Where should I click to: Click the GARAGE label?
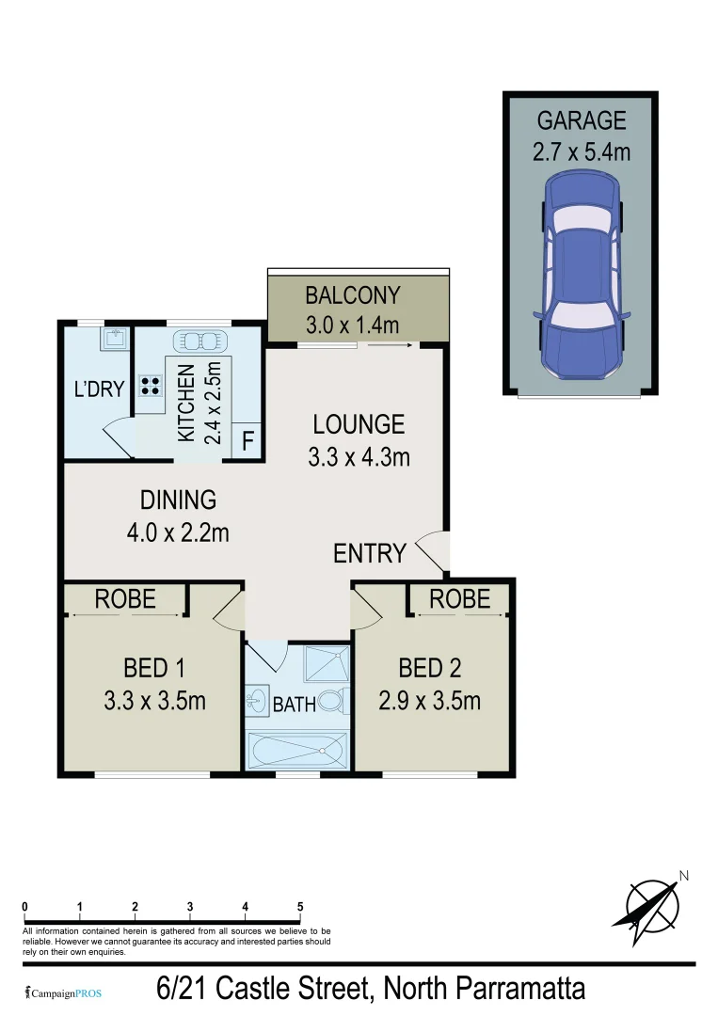(581, 120)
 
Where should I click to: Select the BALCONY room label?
(353, 295)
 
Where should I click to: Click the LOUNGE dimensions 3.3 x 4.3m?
(359, 457)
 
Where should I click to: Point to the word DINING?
(178, 500)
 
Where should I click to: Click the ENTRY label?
(370, 553)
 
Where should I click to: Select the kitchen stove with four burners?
(149, 385)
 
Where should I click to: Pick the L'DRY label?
(100, 389)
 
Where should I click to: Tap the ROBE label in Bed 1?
(125, 599)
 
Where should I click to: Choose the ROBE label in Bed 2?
(460, 598)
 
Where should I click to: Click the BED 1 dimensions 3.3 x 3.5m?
(154, 701)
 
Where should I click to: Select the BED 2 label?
(430, 669)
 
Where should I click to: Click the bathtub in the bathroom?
(295, 750)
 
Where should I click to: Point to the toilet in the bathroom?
(331, 701)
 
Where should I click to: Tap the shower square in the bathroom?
(326, 666)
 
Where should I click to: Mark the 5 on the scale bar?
(300, 907)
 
